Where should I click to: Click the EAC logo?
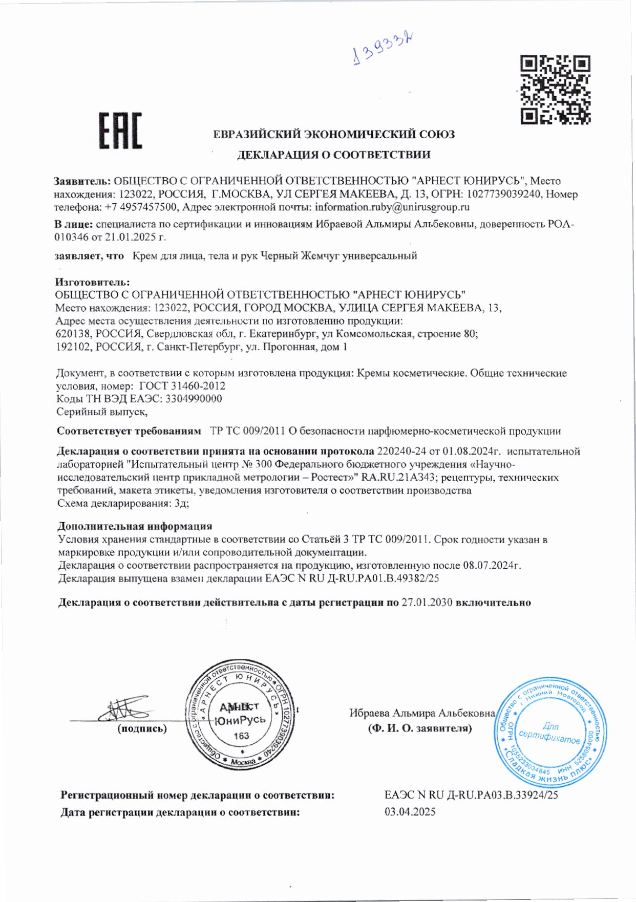(120, 131)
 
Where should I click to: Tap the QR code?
(556, 90)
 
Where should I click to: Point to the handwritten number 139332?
(384, 49)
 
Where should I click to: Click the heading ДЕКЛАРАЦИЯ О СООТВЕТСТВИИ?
(333, 155)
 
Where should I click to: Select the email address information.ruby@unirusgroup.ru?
(392, 207)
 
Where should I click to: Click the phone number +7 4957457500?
(141, 207)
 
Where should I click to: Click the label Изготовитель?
(93, 282)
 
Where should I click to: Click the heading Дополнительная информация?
(135, 526)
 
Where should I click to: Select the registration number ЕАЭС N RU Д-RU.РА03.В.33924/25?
(471, 795)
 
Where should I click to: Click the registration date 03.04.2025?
(410, 812)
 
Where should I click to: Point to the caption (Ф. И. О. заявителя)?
(419, 728)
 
